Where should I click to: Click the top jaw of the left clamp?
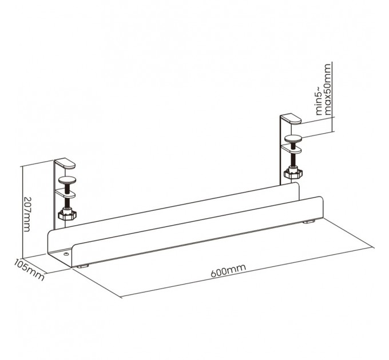pos(66,164)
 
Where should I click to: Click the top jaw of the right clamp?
pos(291,119)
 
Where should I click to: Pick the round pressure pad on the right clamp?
pos(295,137)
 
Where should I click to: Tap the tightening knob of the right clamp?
pos(294,171)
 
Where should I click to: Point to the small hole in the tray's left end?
pos(66,253)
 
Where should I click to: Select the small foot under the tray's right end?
pos(309,221)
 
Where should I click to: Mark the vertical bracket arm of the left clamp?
pos(57,194)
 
